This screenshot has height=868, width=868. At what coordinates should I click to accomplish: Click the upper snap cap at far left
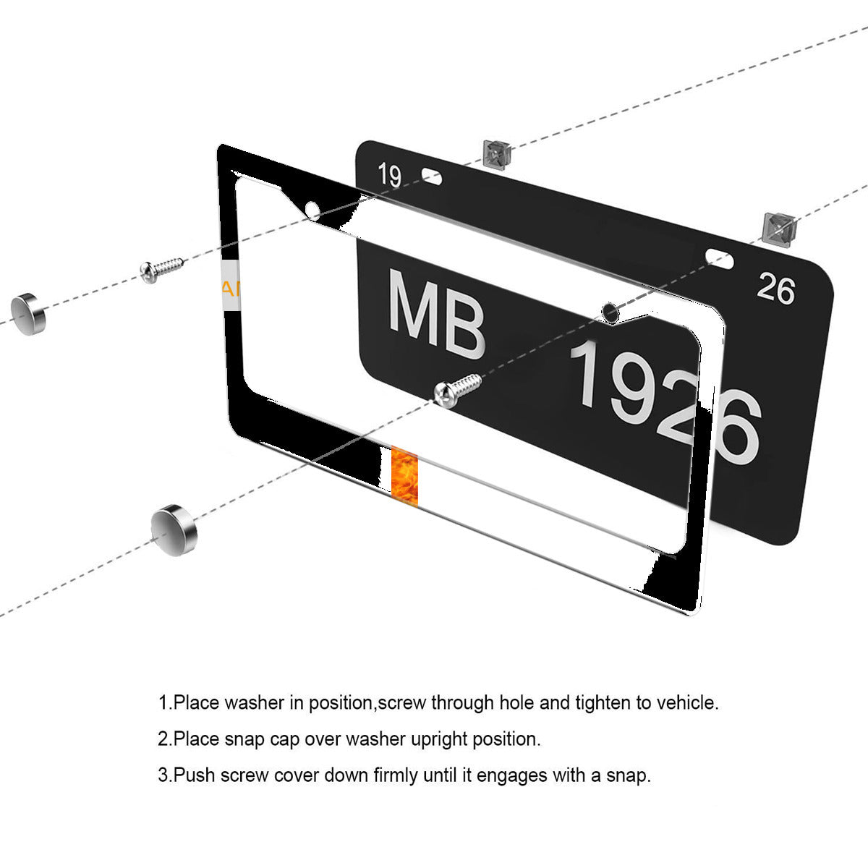point(28,314)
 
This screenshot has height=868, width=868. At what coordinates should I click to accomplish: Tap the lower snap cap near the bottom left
point(174,530)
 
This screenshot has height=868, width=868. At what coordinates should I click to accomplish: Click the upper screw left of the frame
point(162,269)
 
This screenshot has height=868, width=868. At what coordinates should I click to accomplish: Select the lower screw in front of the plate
point(456,390)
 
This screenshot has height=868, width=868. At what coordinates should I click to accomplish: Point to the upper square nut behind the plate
point(496,153)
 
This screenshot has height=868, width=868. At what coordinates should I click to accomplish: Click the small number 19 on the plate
point(389,175)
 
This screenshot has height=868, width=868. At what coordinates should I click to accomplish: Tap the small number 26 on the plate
point(775,289)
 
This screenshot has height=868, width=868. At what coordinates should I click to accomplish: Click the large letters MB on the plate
point(436,314)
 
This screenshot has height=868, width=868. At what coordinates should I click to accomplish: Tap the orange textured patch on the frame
point(404,476)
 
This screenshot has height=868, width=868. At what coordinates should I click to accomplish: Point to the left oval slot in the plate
point(432,176)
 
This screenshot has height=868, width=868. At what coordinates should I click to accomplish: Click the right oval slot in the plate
point(719,258)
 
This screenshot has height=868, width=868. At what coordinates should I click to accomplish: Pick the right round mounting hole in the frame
point(610,312)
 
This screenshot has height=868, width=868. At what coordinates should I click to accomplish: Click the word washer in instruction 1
point(254,702)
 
